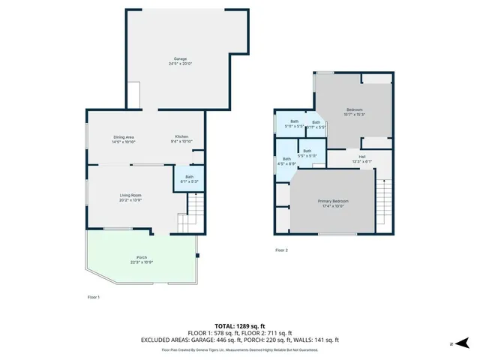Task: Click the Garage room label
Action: point(180,58)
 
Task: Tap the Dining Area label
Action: point(124,136)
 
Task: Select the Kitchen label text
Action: point(182,136)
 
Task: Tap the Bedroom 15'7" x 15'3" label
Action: point(355,109)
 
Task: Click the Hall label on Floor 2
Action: point(361,157)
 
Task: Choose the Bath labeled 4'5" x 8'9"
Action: point(286,160)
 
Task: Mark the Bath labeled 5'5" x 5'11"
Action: point(307,153)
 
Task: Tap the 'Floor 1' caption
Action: point(94,298)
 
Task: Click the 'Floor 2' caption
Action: point(281,250)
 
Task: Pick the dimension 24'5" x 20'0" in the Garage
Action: point(180,64)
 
